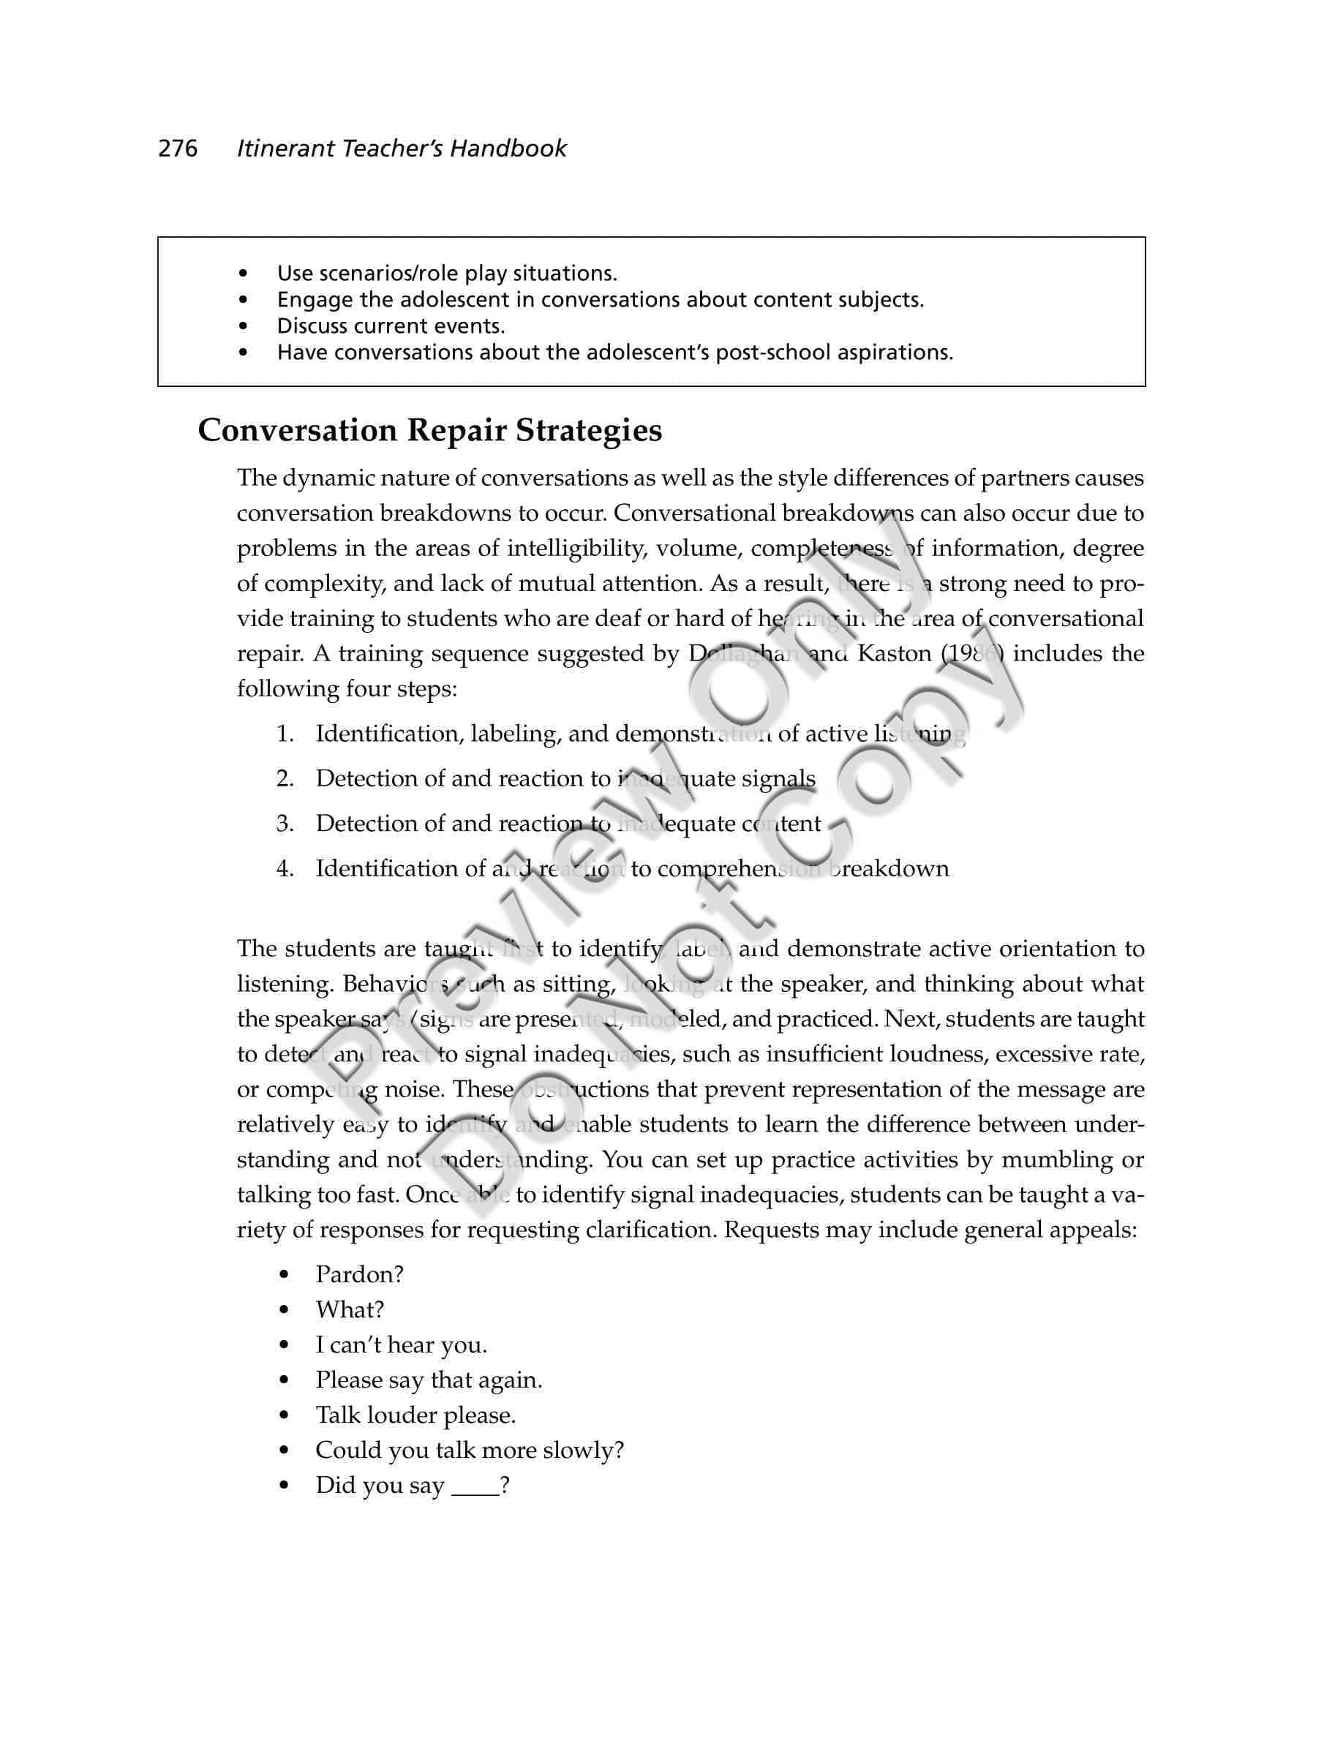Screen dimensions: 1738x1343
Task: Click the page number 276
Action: point(178,148)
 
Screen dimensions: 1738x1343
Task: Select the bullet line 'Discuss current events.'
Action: point(390,326)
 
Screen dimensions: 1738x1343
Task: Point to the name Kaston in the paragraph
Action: point(895,654)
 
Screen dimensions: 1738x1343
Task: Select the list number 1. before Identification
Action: point(285,734)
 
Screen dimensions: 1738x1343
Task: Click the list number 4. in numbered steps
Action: point(285,868)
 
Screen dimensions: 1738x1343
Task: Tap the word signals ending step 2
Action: point(778,778)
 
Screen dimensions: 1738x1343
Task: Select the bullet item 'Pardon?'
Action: point(360,1275)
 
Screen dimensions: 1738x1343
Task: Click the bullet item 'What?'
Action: point(349,1310)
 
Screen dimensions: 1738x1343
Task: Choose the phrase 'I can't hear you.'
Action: point(401,1345)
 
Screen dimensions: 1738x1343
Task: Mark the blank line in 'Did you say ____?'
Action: point(475,1486)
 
